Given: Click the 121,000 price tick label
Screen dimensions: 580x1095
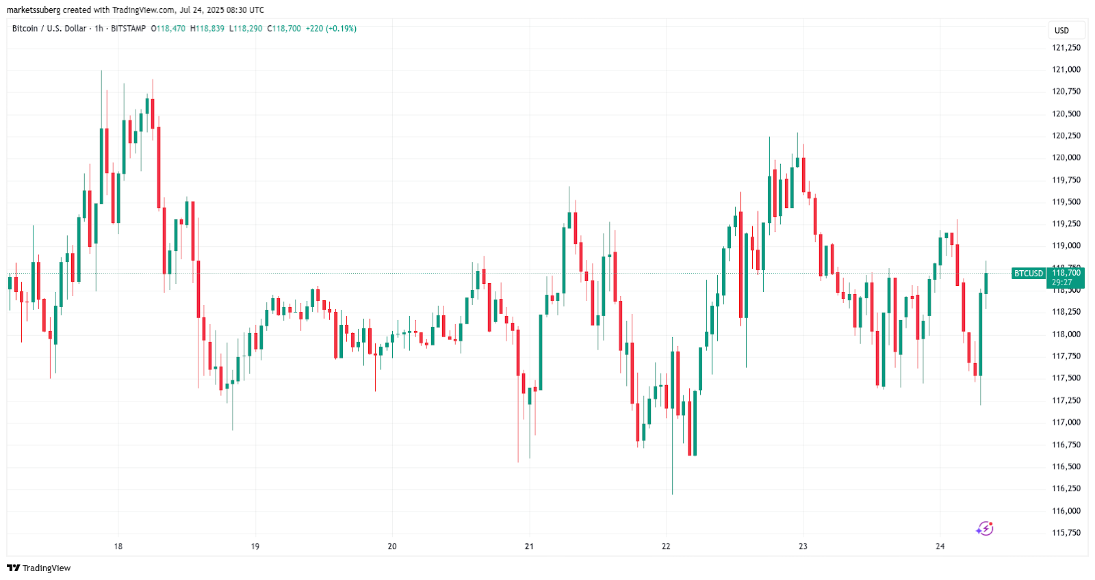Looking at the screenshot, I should click(1066, 70).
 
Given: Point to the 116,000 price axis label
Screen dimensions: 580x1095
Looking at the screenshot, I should click(1066, 511).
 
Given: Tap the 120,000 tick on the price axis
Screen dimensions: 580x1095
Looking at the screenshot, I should click(1066, 158).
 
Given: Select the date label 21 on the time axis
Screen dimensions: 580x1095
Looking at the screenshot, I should click(529, 546).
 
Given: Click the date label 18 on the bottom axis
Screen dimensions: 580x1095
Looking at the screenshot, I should click(118, 546).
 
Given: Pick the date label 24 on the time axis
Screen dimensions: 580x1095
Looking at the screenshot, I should click(940, 546).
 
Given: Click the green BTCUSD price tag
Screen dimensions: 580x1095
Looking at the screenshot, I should click(1028, 274).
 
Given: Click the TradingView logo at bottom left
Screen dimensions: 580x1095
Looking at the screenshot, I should click(39, 568).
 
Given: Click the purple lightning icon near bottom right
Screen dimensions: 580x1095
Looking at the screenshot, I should click(984, 529).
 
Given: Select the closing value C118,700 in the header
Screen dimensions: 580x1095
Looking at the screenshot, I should click(284, 29).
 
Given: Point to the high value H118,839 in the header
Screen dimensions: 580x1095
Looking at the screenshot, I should click(207, 29).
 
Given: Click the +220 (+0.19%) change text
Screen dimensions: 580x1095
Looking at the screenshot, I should click(331, 29).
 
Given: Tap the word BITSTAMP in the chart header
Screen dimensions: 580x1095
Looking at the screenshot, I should click(128, 29).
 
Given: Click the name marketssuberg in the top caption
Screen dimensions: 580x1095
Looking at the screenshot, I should click(34, 10).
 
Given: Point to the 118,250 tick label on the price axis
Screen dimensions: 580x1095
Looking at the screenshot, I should click(1066, 312).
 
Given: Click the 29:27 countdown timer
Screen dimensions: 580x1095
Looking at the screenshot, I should click(1061, 282).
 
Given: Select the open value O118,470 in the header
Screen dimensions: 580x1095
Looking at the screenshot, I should click(168, 29).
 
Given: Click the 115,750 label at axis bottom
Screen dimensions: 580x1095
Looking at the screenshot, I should click(1066, 533).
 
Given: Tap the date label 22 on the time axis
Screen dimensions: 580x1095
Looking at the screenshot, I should click(666, 546).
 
